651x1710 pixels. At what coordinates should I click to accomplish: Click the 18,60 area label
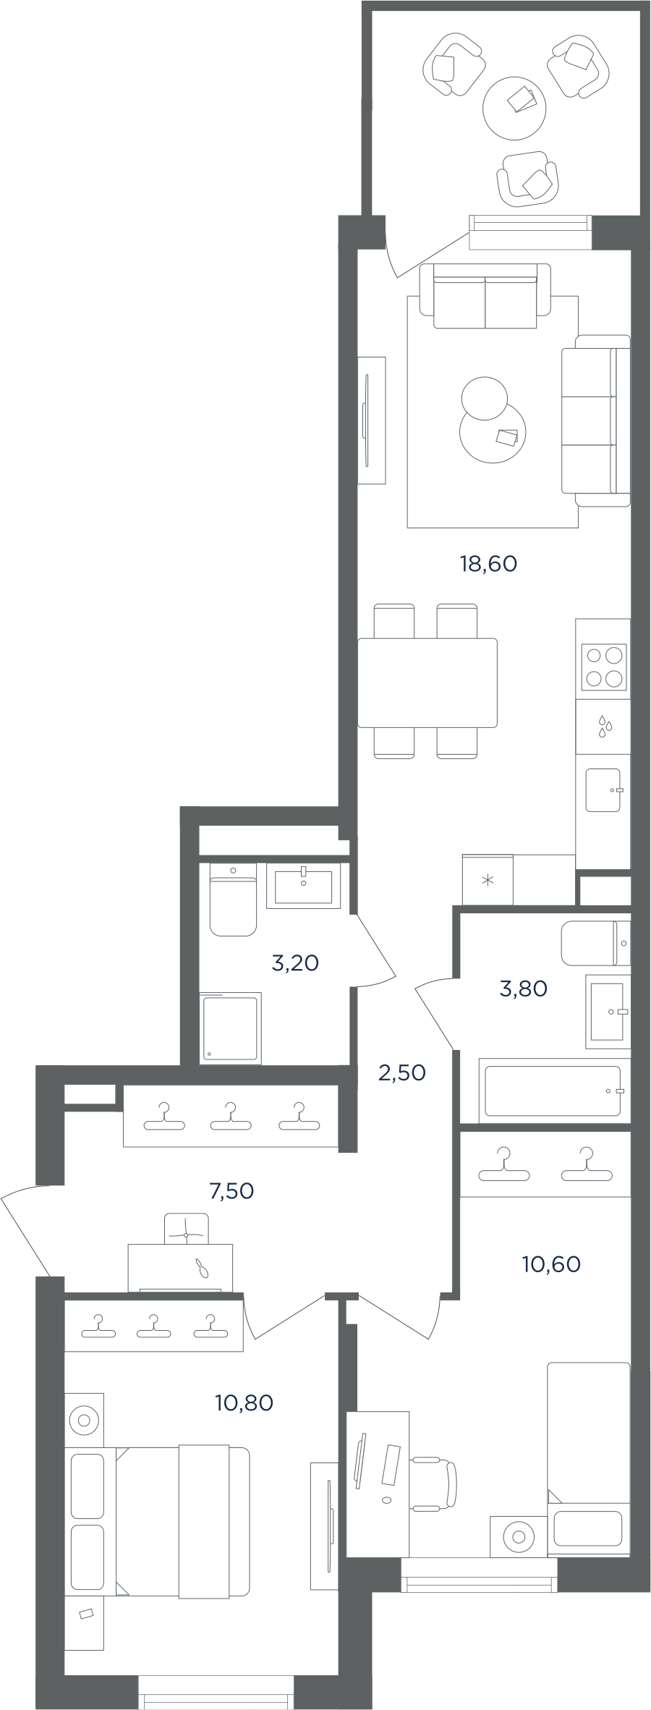coord(488,563)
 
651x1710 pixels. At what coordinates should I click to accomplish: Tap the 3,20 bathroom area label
coord(295,962)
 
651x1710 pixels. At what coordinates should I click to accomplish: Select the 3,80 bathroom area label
coord(523,989)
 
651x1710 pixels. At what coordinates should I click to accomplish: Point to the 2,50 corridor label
coord(401,1072)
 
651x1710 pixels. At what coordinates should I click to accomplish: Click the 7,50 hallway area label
coord(231,1190)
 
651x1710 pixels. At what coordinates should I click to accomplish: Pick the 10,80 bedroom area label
coord(244,1402)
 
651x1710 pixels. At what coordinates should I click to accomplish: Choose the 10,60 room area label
coord(551,1264)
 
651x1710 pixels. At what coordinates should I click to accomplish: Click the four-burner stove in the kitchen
coord(605,666)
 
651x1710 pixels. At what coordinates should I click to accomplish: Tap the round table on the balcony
coord(514,109)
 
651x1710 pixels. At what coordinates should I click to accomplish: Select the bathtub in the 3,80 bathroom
coord(553,1091)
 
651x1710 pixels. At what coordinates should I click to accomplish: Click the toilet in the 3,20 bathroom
coord(233,900)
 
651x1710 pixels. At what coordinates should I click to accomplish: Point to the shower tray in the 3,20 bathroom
coord(230,1028)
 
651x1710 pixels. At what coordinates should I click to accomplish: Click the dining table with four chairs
coord(427,682)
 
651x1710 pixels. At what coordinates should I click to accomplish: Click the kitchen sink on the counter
coord(604,790)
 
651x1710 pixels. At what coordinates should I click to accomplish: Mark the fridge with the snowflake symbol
coord(488,880)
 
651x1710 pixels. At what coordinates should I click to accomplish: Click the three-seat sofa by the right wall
coord(596,420)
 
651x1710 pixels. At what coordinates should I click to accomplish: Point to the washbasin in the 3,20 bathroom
coord(304,886)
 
